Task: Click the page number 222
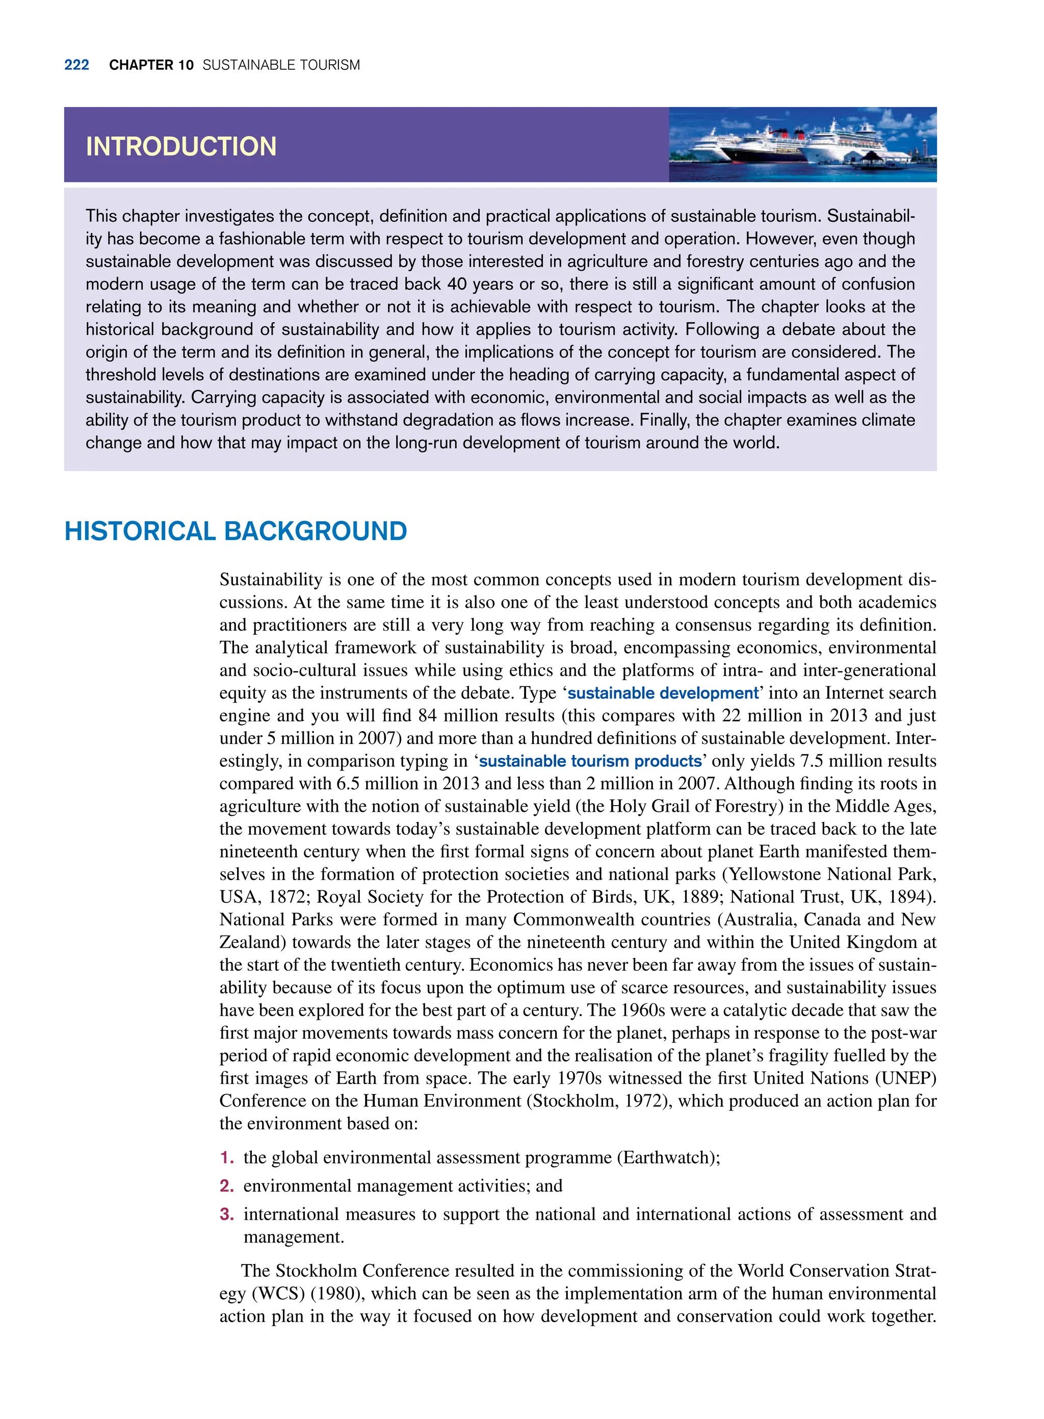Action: click(76, 65)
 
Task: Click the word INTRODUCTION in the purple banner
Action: click(181, 147)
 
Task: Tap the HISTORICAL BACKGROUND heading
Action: click(235, 531)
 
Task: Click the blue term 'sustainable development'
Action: click(662, 693)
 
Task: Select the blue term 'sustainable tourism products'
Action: click(590, 761)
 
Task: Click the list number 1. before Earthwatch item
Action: click(227, 1158)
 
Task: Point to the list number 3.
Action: click(227, 1214)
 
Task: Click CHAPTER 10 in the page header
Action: click(151, 65)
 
